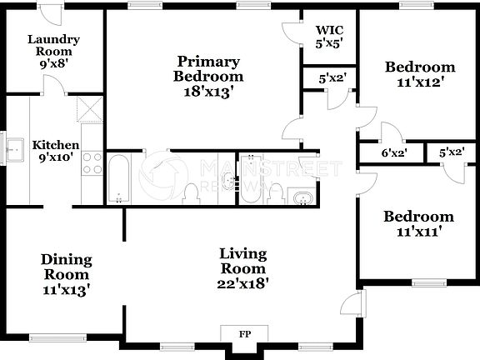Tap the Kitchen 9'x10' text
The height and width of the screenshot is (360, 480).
(x=56, y=151)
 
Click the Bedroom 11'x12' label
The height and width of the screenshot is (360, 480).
(x=419, y=74)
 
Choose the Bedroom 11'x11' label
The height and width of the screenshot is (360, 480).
(x=418, y=223)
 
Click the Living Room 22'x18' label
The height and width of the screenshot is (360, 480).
(x=242, y=267)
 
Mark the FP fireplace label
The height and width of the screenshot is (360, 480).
(x=245, y=334)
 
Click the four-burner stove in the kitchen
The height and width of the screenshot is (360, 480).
(x=92, y=162)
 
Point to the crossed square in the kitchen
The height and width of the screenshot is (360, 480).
(x=87, y=109)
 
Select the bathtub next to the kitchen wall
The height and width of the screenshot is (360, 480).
(x=117, y=177)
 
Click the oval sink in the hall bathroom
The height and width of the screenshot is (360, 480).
(x=301, y=197)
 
